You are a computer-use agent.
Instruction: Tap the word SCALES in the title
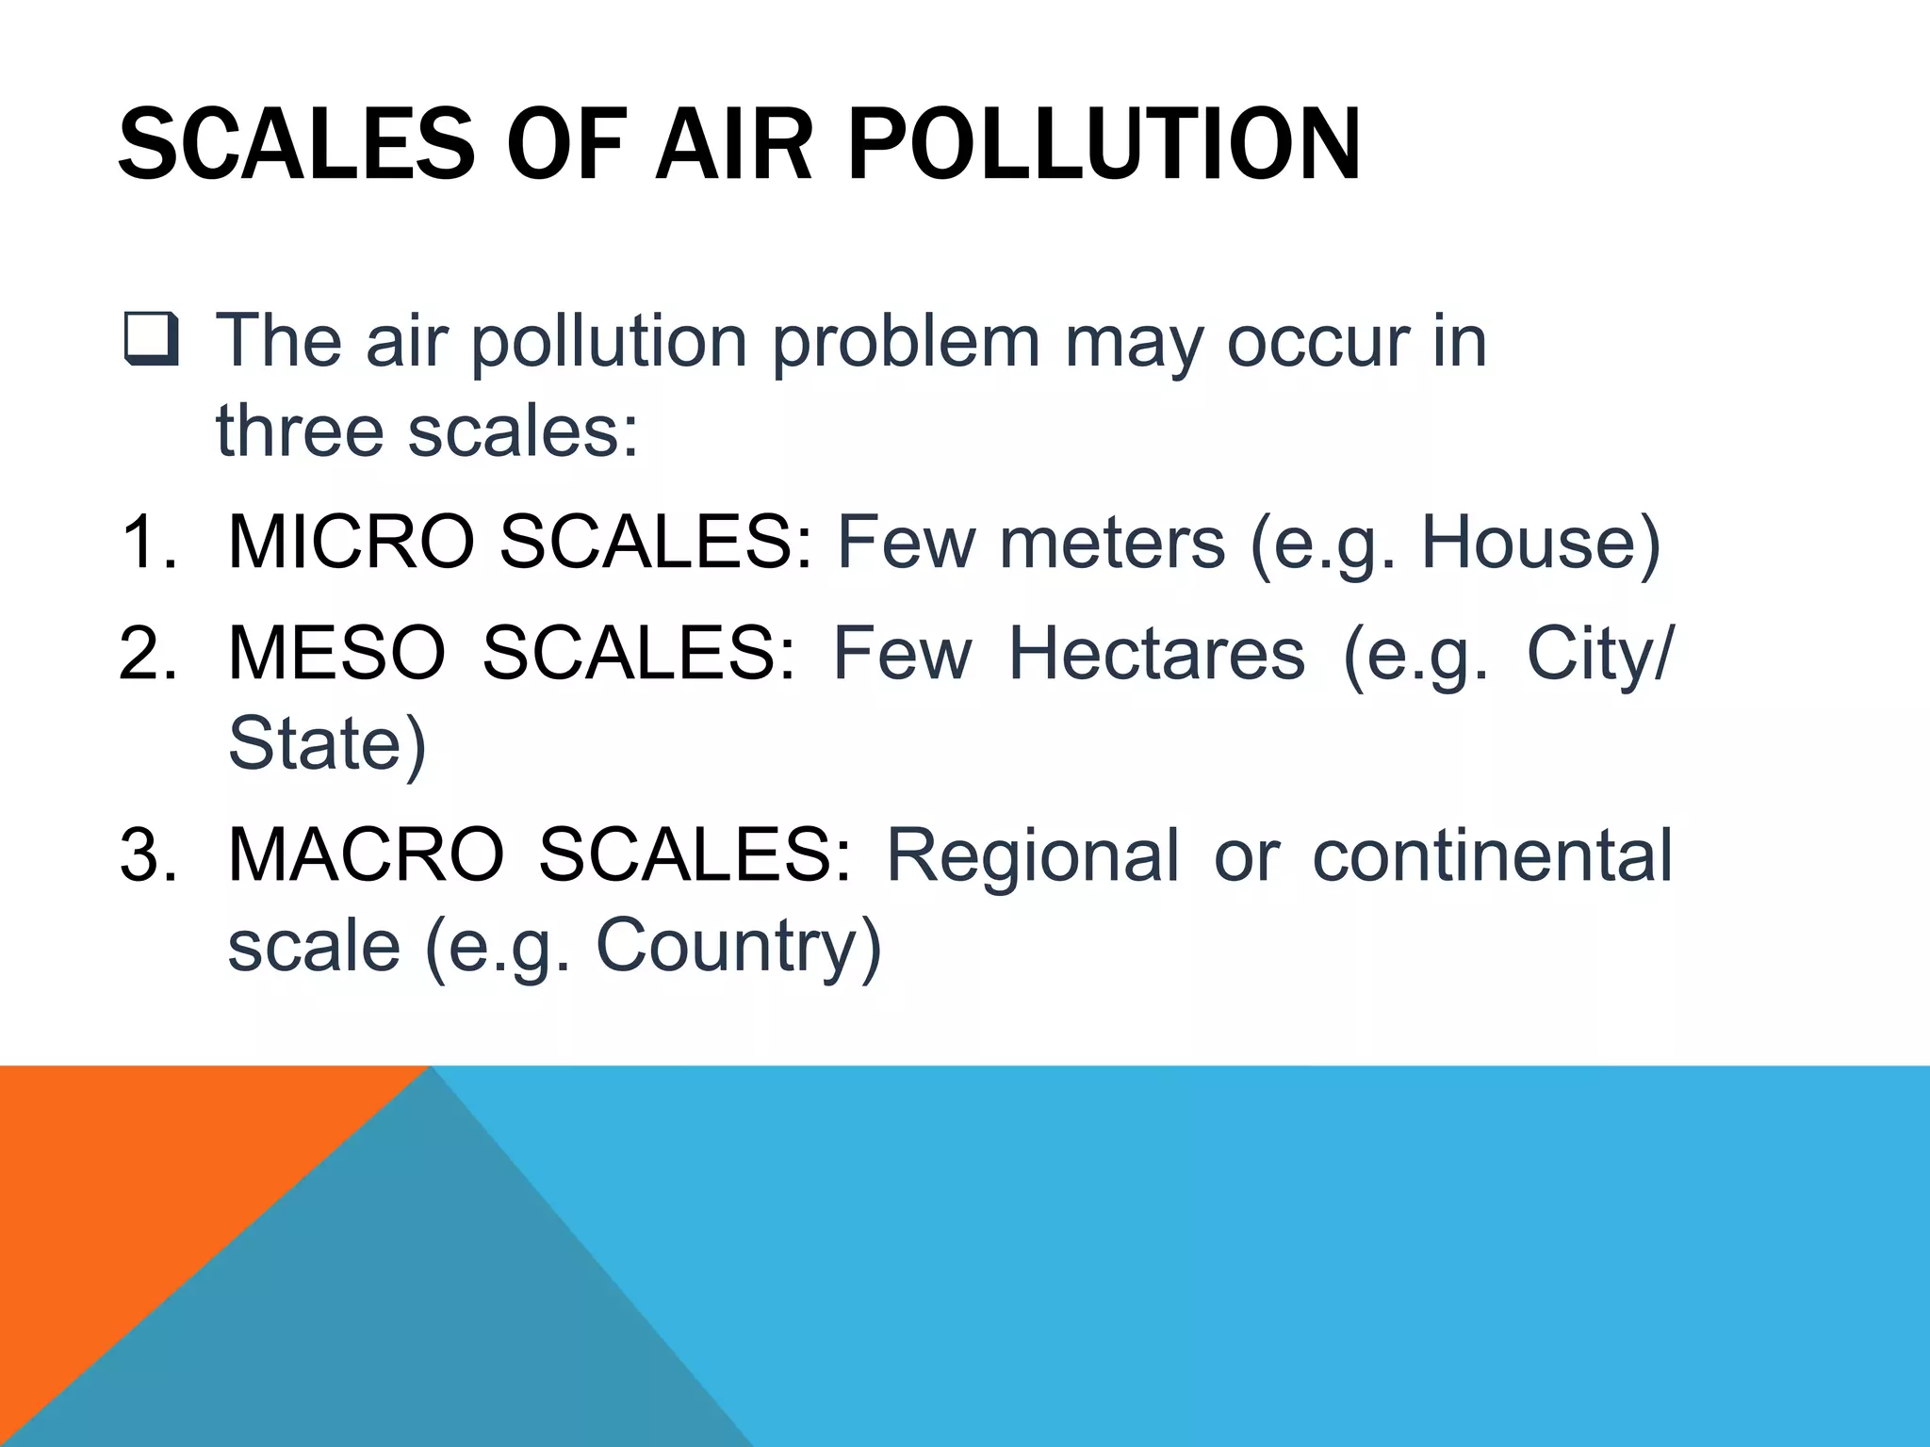(x=297, y=146)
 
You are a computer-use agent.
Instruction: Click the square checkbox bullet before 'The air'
(x=151, y=340)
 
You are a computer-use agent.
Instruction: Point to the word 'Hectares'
(x=1156, y=653)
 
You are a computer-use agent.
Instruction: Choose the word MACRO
(x=366, y=855)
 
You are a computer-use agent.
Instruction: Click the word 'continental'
(x=1492, y=855)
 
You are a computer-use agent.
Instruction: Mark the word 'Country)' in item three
(x=738, y=946)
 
